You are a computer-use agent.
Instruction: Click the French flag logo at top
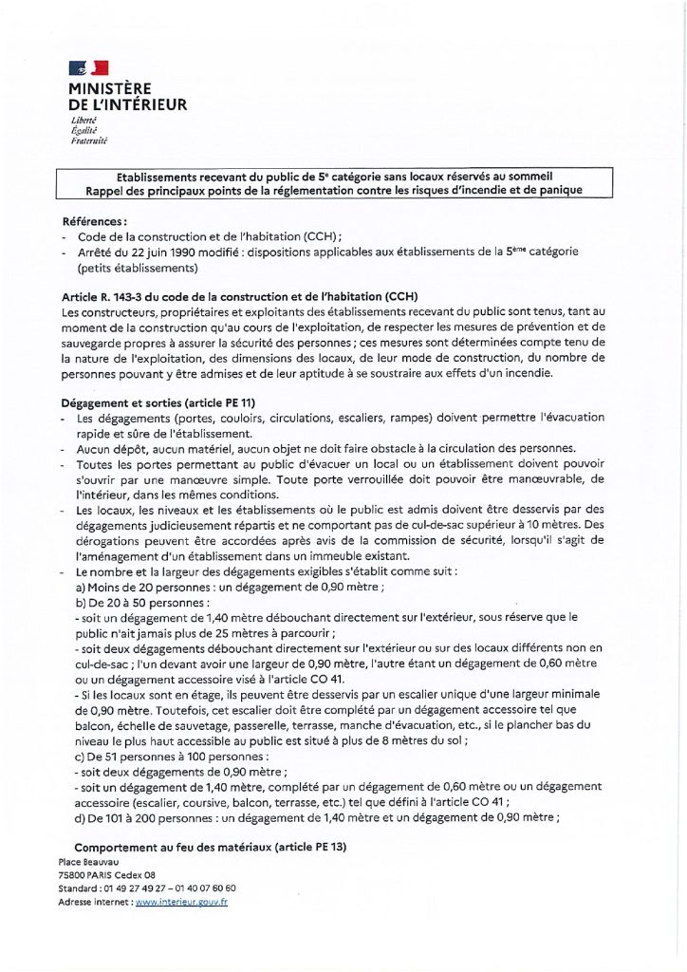(x=88, y=67)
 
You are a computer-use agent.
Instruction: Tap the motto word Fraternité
(x=89, y=140)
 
